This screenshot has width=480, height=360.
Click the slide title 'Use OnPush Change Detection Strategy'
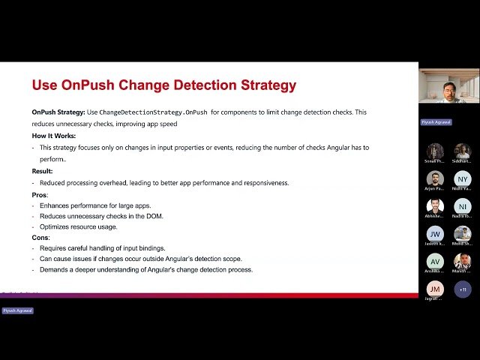pyautogui.click(x=163, y=85)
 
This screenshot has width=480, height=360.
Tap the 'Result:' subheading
pyautogui.click(x=42, y=171)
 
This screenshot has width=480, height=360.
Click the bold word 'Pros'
pyautogui.click(x=39, y=194)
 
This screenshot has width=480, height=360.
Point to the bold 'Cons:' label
pyautogui.click(x=40, y=237)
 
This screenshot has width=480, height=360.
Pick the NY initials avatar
pyautogui.click(x=463, y=179)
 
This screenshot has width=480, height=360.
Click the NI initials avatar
pyautogui.click(x=463, y=206)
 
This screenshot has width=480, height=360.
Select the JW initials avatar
pyautogui.click(x=435, y=234)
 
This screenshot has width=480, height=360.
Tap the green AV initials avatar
pyautogui.click(x=435, y=261)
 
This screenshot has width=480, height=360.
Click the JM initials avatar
pyautogui.click(x=435, y=289)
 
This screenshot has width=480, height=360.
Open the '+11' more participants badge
pyautogui.click(x=463, y=289)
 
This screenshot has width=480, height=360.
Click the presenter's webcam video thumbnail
pyautogui.click(x=448, y=86)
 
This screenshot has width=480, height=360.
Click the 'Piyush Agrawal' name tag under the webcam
pyautogui.click(x=436, y=121)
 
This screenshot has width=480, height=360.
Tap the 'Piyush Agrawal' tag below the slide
pyautogui.click(x=17, y=310)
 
